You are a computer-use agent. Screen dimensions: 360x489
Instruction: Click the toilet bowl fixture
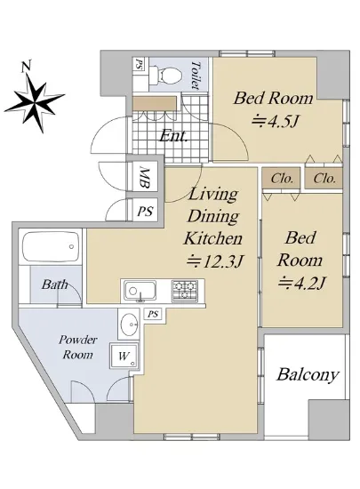coord(165,75)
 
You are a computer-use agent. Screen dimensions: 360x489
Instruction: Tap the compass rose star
coord(35,103)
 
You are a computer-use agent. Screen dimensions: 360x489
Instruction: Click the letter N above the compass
coord(26,67)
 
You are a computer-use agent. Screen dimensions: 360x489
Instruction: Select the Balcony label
coord(308,374)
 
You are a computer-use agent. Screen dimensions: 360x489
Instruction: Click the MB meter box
coord(144,178)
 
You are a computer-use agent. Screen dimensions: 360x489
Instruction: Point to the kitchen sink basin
coord(140,291)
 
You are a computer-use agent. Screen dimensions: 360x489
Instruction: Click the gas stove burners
coord(185,291)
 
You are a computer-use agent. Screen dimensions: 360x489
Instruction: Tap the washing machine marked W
coord(124,356)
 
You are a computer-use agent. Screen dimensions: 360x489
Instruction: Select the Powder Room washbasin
coord(129,325)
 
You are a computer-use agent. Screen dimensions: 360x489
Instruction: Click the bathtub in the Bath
coord(51,247)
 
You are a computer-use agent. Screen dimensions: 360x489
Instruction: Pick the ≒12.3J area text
coord(214,261)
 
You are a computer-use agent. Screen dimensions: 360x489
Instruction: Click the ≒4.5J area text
coord(275,121)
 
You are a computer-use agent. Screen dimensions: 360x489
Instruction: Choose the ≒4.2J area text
coord(301,283)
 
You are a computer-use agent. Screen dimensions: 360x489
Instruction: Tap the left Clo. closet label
coord(282,179)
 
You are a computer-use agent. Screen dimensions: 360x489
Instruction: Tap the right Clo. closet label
coord(324,179)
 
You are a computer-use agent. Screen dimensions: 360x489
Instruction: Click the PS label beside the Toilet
coord(137,64)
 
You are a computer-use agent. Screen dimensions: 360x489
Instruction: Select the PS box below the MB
coord(145,211)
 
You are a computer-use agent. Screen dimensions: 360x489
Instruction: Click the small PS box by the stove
coord(153,314)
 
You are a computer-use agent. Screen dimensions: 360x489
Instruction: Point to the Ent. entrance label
coord(173,136)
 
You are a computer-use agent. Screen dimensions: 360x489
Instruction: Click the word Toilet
coord(196,76)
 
